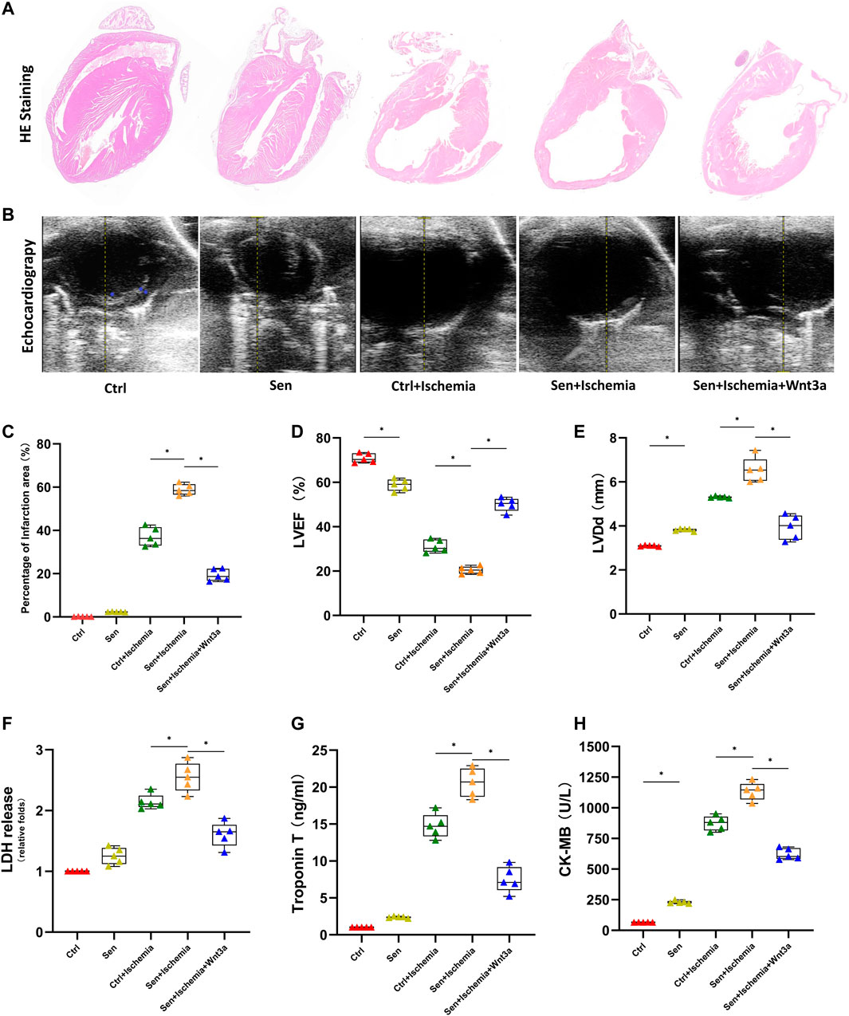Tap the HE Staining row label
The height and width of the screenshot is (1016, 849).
[x=26, y=104]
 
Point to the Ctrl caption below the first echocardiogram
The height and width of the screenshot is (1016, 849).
[x=116, y=389]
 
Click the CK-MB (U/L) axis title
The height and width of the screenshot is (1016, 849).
[x=567, y=839]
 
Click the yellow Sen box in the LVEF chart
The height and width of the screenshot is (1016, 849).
[x=399, y=485]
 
